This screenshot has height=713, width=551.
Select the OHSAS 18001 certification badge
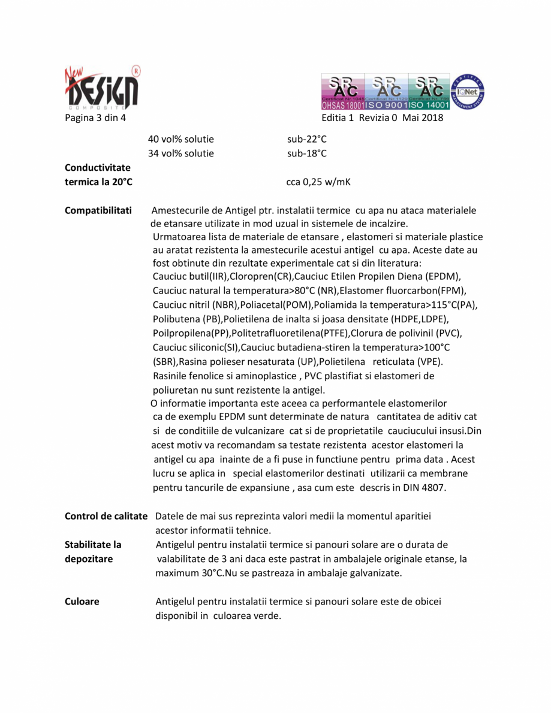coord(342,92)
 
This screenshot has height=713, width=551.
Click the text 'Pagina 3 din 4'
coord(95,117)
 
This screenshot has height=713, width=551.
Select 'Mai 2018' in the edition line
coord(423,117)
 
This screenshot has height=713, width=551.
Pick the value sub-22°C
coord(307,140)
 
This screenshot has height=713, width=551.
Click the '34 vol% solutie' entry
coord(180,153)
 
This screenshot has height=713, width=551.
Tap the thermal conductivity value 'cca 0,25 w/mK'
coord(318,182)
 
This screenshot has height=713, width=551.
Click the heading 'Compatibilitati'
coord(98,211)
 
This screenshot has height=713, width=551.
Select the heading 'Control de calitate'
coord(106,516)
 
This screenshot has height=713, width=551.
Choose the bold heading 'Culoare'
coord(82,602)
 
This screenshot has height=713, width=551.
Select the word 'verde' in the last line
coord(268,616)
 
